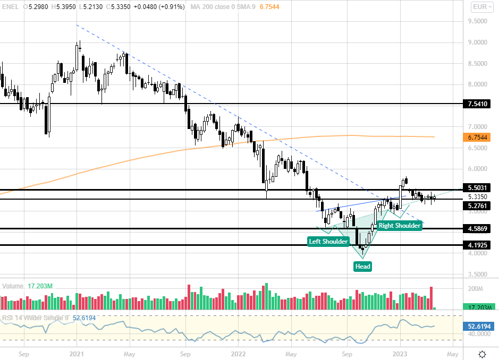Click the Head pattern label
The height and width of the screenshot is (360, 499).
tap(362, 266)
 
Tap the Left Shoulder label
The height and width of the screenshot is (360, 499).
tap(329, 242)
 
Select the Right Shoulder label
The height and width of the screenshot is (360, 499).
tap(400, 226)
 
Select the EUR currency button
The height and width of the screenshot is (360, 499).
tap(481, 7)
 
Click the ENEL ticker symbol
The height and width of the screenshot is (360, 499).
tap(11, 7)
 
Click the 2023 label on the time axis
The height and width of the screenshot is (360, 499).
tap(400, 353)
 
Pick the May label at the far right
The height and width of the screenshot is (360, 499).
tap(452, 353)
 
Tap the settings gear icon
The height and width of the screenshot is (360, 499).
tap(482, 354)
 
